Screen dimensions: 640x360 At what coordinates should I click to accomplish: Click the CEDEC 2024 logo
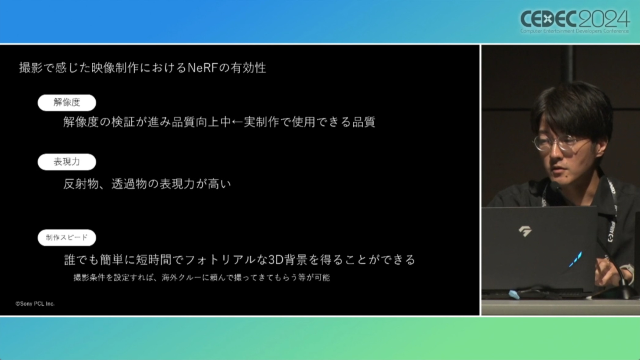click(575, 21)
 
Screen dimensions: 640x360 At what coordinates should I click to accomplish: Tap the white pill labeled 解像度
click(67, 103)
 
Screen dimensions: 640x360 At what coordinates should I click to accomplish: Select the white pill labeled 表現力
click(67, 162)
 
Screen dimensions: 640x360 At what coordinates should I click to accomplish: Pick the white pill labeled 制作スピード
click(67, 237)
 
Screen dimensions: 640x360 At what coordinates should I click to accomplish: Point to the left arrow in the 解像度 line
click(237, 122)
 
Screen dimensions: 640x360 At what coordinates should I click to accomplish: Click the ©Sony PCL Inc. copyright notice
click(35, 304)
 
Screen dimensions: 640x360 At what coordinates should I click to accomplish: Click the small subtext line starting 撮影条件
click(202, 277)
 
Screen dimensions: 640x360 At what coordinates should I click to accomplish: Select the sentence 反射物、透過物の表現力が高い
click(147, 184)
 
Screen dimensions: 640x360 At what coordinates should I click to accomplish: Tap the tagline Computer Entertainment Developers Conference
click(575, 31)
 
